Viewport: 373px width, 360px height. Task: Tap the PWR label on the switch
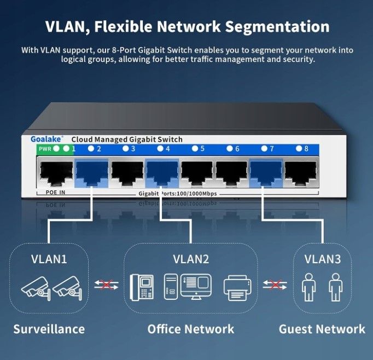pos(45,149)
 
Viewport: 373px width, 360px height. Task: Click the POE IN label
pos(55,192)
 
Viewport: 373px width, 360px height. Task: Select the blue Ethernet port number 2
pos(91,173)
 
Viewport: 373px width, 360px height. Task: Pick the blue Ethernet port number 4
pos(162,173)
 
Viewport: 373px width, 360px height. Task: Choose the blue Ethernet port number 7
pos(266,173)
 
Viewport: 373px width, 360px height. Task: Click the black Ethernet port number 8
pos(301,173)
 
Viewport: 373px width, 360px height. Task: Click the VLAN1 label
pos(49,259)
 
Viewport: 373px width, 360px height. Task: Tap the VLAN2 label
pos(191,259)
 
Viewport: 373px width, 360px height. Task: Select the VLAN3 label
pos(323,259)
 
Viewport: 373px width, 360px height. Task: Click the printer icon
pos(237,288)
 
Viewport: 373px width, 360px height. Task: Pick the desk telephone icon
pos(142,287)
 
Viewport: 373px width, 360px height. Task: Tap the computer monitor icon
pos(196,287)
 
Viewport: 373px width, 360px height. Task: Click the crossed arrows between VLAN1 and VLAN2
pos(106,285)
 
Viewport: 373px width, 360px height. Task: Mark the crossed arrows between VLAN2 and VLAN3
pos(275,285)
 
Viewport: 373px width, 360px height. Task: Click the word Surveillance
pos(49,329)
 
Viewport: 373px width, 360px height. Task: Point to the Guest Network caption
pos(322,329)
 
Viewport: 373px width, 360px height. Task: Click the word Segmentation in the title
pos(277,26)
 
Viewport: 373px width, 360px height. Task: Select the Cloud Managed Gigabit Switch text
pos(127,140)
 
